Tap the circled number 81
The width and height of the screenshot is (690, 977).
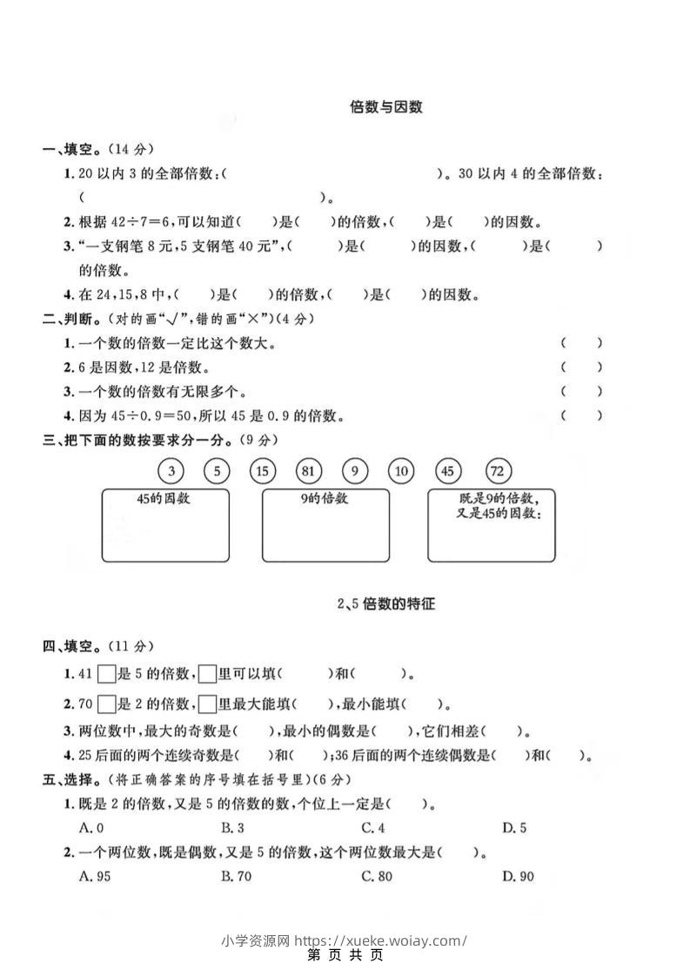pyautogui.click(x=308, y=471)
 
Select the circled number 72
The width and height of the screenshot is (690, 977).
pyautogui.click(x=498, y=471)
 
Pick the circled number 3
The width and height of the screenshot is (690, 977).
pyautogui.click(x=171, y=471)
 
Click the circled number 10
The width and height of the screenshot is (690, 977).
pyautogui.click(x=401, y=471)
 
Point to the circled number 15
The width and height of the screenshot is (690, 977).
pyautogui.click(x=262, y=471)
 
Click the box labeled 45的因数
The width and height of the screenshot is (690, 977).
pyautogui.click(x=165, y=524)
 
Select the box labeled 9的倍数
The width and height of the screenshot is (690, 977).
pyautogui.click(x=325, y=524)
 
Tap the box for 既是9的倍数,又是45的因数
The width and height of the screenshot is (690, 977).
pyautogui.click(x=491, y=524)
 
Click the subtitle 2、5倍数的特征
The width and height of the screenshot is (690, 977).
pyautogui.click(x=385, y=603)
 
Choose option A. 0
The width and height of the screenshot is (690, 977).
pyautogui.click(x=91, y=828)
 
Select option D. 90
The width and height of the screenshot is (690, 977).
pyautogui.click(x=518, y=876)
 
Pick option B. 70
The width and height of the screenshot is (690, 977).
pyautogui.click(x=236, y=876)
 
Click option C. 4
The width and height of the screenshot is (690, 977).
pyautogui.click(x=373, y=828)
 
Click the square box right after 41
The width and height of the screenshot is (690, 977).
pyautogui.click(x=107, y=673)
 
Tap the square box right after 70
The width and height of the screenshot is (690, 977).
pyautogui.click(x=107, y=704)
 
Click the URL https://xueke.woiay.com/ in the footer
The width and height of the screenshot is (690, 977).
pyautogui.click(x=381, y=940)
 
